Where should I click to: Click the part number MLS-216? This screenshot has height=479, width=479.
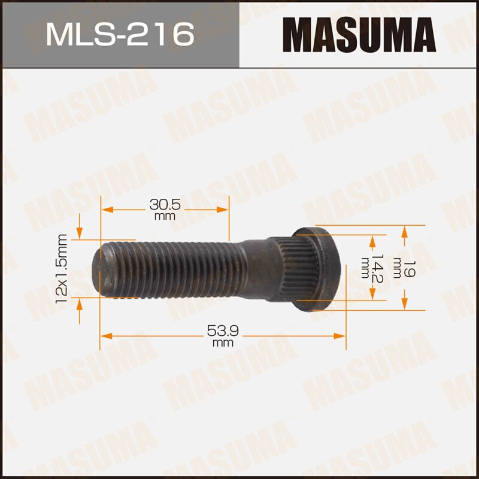click(x=120, y=34)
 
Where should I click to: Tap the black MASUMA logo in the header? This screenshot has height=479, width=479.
click(x=359, y=34)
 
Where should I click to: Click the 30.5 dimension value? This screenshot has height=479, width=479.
click(x=165, y=205)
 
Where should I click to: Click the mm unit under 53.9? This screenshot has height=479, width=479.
click(x=222, y=342)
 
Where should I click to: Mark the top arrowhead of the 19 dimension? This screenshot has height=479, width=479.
click(x=405, y=231)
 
